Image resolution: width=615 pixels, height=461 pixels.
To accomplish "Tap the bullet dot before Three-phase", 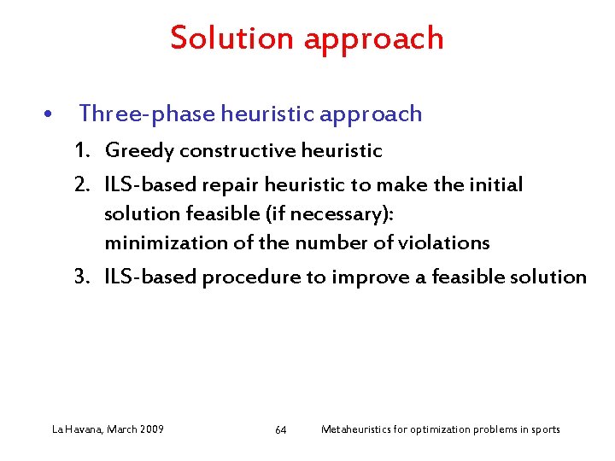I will pos(51,114).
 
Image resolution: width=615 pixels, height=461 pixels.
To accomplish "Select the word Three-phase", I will pos(148,114).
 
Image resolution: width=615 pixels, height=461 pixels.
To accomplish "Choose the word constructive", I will pos(235,151).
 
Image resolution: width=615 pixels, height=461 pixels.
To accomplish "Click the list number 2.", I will pos(82,185).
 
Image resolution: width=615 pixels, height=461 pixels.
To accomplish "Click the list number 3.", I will pos(82,277).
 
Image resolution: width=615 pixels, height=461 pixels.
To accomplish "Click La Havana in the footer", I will pos(76,429).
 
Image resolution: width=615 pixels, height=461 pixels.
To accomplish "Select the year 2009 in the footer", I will pos(150,429).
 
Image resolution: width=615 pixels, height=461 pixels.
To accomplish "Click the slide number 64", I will pos(281,429).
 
